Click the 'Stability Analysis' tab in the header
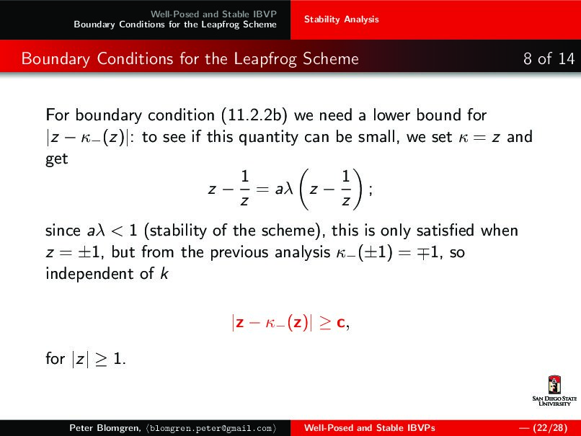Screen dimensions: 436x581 [341, 19]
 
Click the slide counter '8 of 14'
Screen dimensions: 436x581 [549, 58]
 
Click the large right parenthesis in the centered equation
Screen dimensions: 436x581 [358, 189]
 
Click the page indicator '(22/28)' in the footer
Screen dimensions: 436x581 [549, 428]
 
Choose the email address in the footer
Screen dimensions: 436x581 [210, 428]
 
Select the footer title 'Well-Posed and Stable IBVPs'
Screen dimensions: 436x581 [369, 428]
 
